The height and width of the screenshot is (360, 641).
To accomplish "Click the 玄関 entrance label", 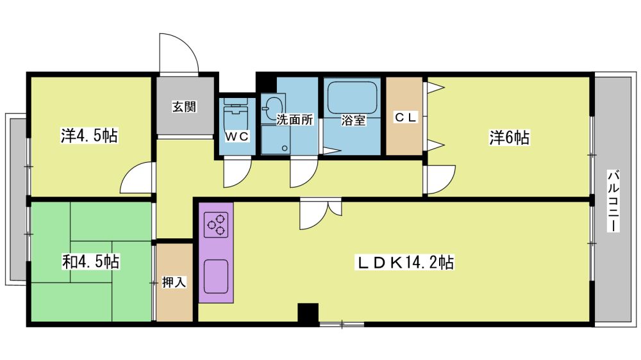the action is click(x=184, y=106).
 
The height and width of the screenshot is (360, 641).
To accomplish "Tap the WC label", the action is click(x=237, y=137).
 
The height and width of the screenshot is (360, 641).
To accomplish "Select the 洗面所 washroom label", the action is click(x=295, y=120).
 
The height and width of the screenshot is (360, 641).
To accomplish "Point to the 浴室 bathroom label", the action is click(x=353, y=120).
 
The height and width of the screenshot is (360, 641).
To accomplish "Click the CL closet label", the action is click(x=405, y=118).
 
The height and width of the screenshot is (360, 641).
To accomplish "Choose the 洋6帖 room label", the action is click(x=510, y=138).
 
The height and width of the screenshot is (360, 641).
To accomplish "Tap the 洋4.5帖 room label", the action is click(x=90, y=136).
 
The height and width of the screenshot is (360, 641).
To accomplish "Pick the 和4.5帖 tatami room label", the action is click(x=91, y=261).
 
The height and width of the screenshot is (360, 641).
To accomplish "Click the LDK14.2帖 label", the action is click(x=406, y=263).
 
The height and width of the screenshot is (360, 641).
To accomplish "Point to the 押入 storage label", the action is click(x=174, y=282).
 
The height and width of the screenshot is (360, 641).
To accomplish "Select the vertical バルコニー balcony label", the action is click(x=613, y=201).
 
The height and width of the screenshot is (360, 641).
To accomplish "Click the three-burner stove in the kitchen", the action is click(x=216, y=225).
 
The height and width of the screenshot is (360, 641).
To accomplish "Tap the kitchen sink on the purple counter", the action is click(x=216, y=277).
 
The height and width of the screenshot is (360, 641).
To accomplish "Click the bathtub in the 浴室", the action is click(x=353, y=97).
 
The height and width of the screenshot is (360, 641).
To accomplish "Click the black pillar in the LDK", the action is click(x=308, y=313).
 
